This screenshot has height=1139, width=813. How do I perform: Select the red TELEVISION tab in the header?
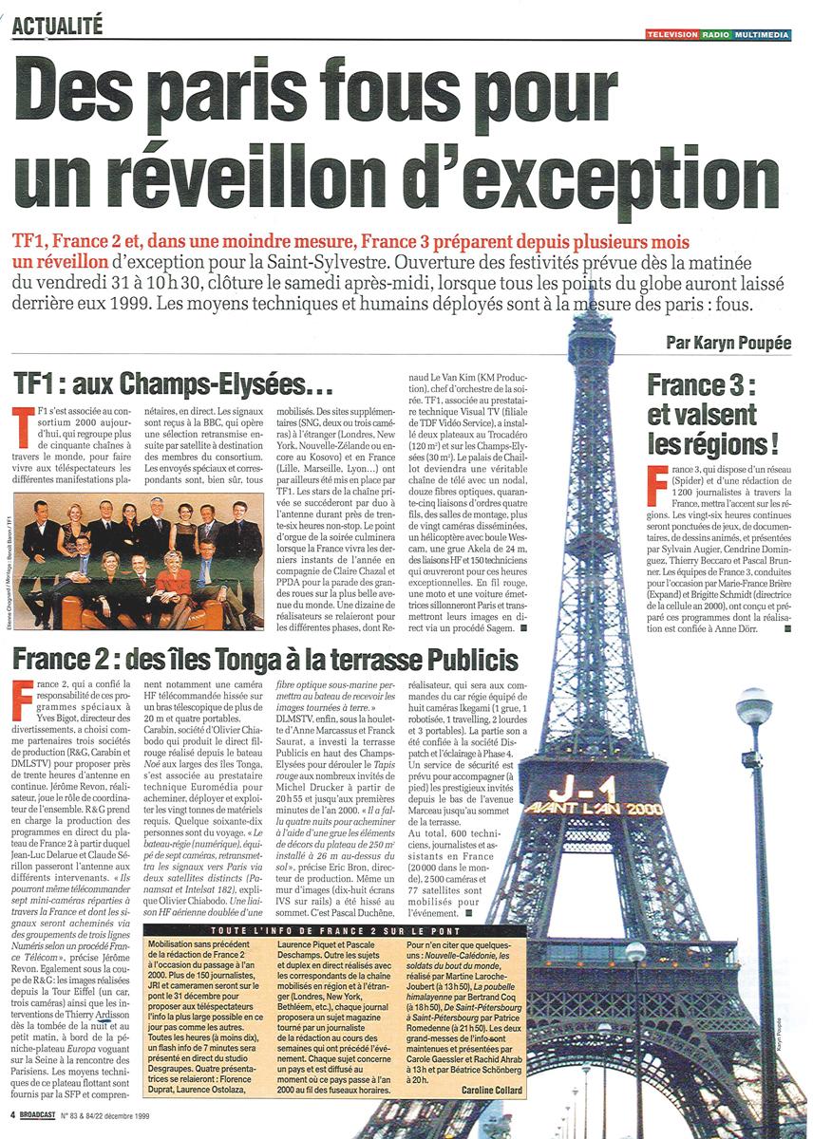click(671, 35)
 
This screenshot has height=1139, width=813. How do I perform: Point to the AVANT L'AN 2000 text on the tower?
click(605, 810)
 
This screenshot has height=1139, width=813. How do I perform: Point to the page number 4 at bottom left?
click(12, 1115)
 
